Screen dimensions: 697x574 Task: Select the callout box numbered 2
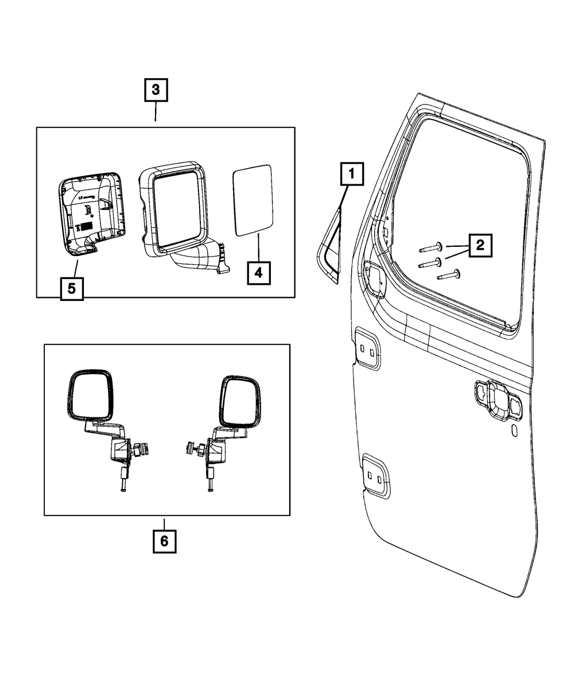(x=480, y=246)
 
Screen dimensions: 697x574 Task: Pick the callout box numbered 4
(x=258, y=272)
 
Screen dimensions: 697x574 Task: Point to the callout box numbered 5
(x=71, y=288)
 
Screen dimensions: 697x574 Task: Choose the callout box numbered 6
(x=164, y=541)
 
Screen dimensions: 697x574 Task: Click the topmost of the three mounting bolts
(x=431, y=248)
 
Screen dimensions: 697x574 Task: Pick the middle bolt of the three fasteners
(x=430, y=262)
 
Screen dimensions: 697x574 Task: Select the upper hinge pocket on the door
(x=367, y=347)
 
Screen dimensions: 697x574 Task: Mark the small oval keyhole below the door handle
(x=514, y=431)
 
